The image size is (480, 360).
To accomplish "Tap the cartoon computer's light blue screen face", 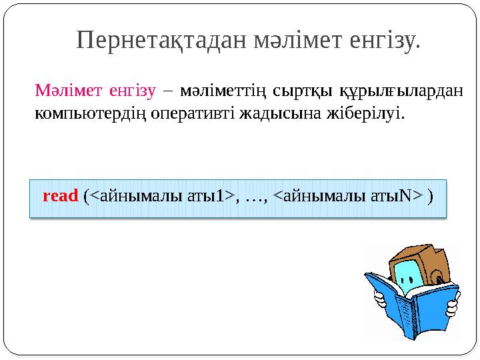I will point(407,273).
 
